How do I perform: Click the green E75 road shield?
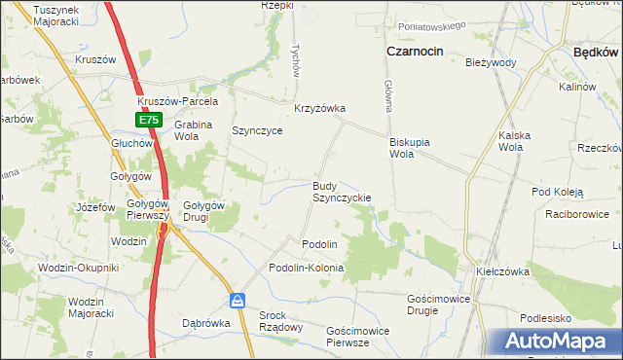pos(147,120)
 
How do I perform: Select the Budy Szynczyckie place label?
pos(341,191)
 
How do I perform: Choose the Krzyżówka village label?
pos(320,108)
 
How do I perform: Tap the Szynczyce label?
pos(257,130)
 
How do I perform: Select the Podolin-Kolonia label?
pos(307,267)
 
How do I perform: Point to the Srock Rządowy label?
pos(280,321)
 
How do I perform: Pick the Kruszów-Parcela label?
pos(178,101)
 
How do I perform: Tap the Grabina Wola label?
pos(193,130)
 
